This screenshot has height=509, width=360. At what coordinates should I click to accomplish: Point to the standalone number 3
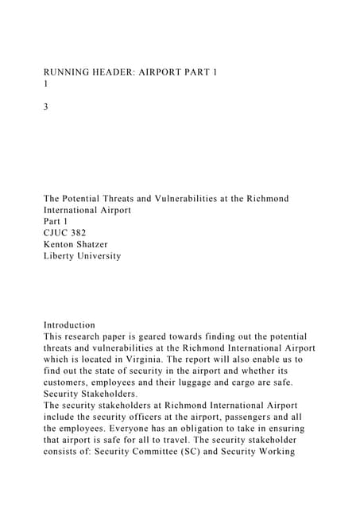pos(46,106)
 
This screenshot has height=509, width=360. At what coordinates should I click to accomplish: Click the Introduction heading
pos(69,325)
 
